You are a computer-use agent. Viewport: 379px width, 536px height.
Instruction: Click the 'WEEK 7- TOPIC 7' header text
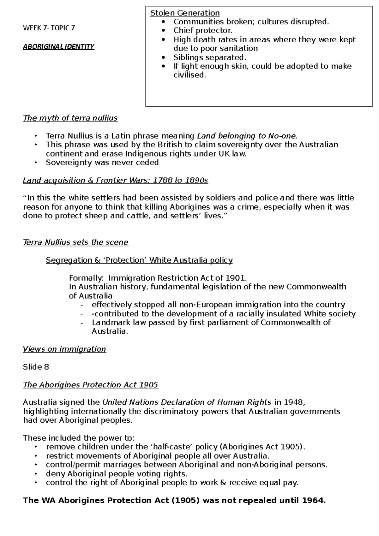point(49,28)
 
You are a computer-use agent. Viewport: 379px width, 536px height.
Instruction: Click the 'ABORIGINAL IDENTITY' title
point(59,47)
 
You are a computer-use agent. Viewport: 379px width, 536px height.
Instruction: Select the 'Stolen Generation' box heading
point(185,13)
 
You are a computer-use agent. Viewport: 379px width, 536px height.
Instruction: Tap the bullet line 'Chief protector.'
point(202,31)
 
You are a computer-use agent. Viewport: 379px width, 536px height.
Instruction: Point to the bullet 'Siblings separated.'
point(209,57)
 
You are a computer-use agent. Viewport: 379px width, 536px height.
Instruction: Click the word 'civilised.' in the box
point(189,75)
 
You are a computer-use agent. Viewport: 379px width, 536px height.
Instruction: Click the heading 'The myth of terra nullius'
point(70,118)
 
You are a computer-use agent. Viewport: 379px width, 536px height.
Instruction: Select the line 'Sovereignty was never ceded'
point(102,163)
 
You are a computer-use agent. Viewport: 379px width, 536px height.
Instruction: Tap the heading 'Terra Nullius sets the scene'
point(76,242)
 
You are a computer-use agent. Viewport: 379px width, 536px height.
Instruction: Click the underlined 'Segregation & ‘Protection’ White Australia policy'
point(139,260)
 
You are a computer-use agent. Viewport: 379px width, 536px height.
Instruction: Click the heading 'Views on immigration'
point(64,349)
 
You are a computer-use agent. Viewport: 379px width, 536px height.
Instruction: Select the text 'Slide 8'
point(36,367)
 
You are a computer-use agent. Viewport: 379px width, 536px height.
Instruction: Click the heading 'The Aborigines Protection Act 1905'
point(91,385)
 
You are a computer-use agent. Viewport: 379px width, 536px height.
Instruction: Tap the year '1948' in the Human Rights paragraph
point(293,402)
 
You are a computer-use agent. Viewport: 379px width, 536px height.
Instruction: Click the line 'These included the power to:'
point(79,438)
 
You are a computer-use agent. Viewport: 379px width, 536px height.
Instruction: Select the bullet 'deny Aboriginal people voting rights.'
point(117,474)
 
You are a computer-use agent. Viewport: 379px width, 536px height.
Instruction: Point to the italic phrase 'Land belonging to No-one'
point(247,136)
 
